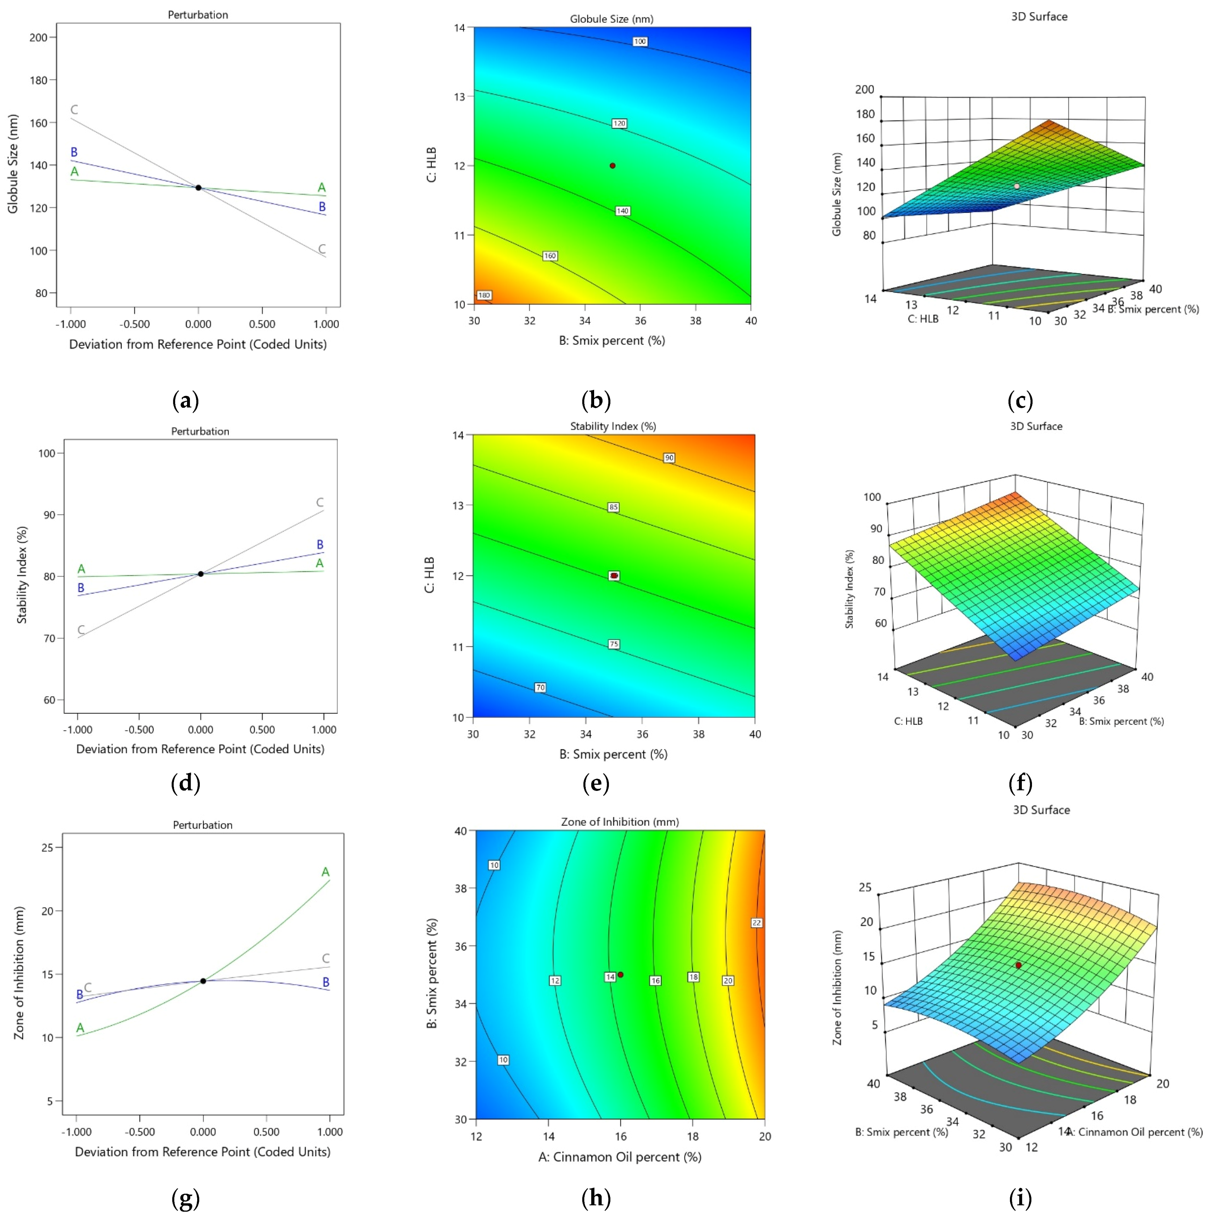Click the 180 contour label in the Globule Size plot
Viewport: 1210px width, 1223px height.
(484, 295)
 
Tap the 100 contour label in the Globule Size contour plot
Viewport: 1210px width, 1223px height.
(639, 42)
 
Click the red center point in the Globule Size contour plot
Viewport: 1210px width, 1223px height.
(612, 166)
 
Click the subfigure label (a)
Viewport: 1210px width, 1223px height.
(186, 400)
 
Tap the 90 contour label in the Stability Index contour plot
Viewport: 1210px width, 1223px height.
(669, 458)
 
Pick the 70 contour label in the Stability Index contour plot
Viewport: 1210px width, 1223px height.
(540, 688)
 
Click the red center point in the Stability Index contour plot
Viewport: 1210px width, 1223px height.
(614, 575)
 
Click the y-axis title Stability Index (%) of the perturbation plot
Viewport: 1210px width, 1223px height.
(22, 575)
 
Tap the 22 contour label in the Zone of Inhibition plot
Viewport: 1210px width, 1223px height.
(756, 923)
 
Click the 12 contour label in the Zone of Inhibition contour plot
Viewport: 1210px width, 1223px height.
(555, 981)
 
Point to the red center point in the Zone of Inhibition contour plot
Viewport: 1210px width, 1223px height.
(621, 975)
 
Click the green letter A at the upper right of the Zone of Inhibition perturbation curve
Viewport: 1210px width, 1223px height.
(326, 872)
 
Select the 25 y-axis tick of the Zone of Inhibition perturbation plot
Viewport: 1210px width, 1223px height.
(47, 847)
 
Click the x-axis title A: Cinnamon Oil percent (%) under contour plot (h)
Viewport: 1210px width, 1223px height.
(619, 1157)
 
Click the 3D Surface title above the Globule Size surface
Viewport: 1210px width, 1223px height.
(1039, 16)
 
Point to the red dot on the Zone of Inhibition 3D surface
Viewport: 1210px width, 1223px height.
(1018, 965)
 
